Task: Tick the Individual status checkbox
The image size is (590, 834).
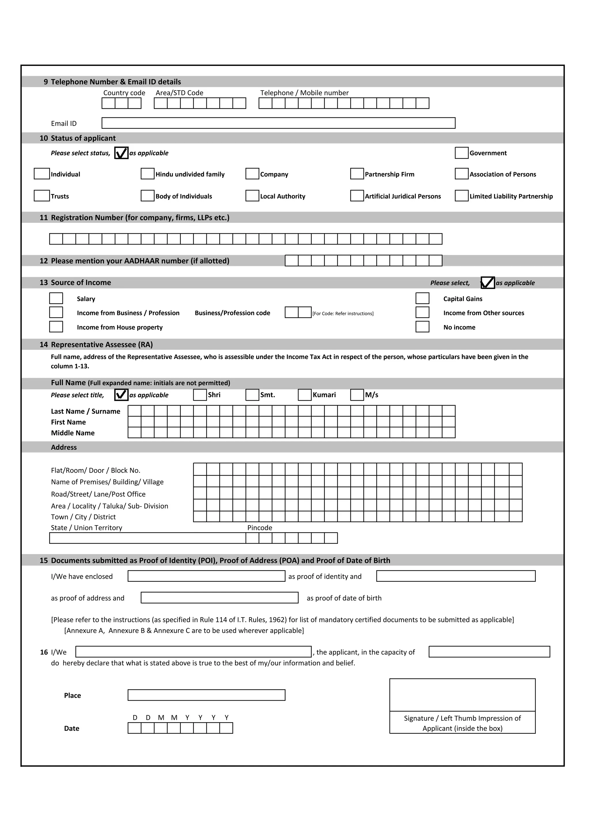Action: pyautogui.click(x=42, y=174)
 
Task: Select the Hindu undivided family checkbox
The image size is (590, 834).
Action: pyautogui.click(x=147, y=174)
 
